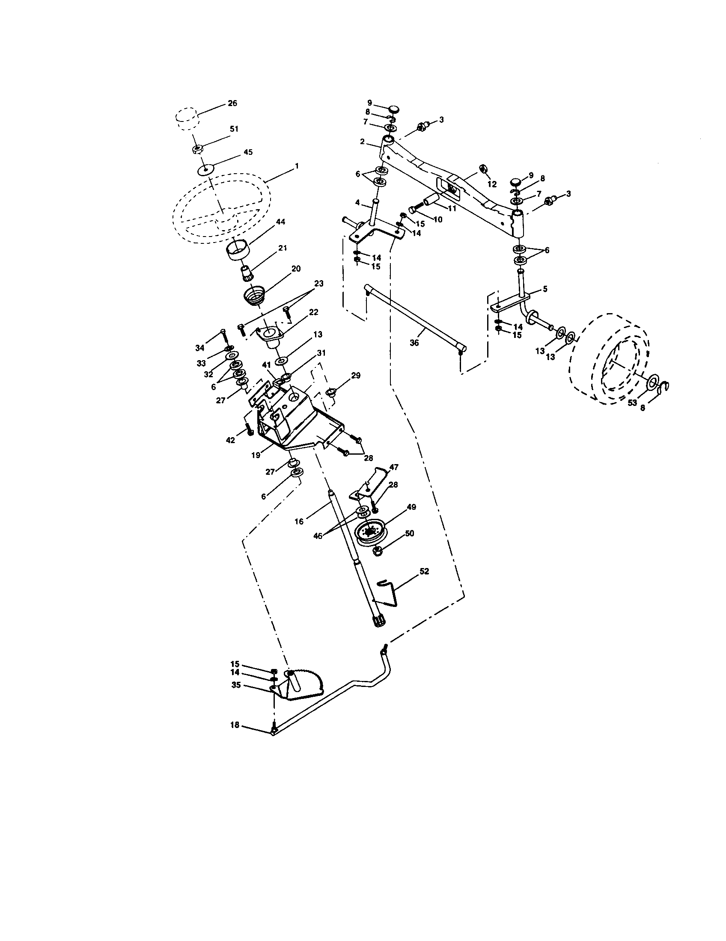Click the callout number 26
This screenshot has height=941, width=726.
point(232,104)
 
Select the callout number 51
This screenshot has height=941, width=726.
point(234,129)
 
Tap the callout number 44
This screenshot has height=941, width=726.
point(281,222)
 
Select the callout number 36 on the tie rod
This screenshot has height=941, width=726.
point(414,343)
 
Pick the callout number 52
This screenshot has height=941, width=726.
point(424,571)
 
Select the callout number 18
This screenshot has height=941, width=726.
point(235,725)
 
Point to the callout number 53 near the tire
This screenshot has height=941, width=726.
point(632,402)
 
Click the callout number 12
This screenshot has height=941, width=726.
point(492,184)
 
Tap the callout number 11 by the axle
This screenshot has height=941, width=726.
point(451,208)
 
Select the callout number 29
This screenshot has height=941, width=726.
point(355,376)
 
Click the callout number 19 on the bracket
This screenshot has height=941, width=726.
point(256,455)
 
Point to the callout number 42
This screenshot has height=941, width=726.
point(231,440)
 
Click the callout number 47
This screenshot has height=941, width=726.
point(394,467)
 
